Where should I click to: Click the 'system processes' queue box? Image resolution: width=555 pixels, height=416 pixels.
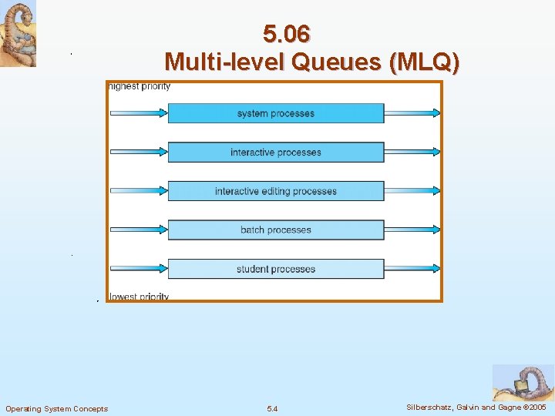point(275,113)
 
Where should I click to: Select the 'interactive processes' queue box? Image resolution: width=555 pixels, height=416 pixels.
point(275,153)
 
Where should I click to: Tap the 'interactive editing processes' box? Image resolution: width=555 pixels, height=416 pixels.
point(275,191)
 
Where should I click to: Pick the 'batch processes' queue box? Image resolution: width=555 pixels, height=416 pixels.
point(275,230)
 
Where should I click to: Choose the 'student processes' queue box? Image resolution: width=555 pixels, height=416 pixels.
point(275,269)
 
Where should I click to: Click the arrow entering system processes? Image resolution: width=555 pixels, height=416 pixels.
point(139,113)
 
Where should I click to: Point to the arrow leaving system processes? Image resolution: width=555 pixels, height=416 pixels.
point(412,113)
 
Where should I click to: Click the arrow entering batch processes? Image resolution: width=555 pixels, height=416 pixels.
point(139,230)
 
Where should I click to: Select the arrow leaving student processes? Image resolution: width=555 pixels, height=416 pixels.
point(412,269)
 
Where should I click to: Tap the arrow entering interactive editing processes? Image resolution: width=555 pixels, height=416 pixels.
point(139,191)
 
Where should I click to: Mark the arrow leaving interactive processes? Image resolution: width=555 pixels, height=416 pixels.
point(412,153)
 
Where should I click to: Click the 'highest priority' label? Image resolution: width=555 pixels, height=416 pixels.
point(140,86)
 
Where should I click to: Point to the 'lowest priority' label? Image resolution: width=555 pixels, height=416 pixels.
point(139,297)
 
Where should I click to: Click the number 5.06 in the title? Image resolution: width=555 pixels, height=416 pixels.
point(286,35)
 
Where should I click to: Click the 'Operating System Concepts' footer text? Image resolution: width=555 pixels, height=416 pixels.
point(57,408)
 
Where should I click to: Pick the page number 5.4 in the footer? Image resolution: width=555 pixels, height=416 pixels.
point(272,408)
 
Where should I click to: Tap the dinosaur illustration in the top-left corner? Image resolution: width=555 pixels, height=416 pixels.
point(18,34)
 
